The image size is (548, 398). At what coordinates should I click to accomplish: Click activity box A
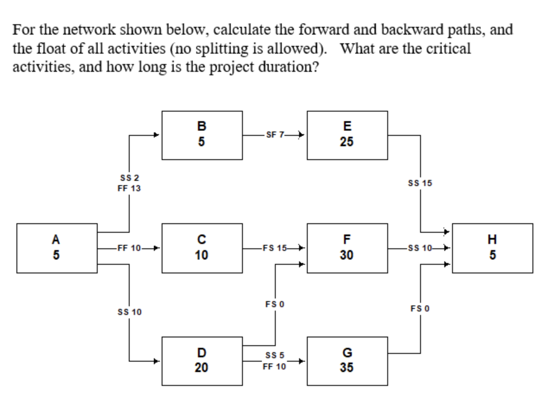(57, 248)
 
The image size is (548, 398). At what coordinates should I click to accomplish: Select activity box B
(202, 135)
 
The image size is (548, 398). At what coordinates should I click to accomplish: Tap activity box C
(202, 248)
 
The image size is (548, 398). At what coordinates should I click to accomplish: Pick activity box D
(202, 361)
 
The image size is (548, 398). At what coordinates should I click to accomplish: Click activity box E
(347, 135)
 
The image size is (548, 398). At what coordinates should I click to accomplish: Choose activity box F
(347, 248)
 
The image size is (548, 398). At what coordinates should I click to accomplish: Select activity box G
(347, 361)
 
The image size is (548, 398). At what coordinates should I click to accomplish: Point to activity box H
(492, 248)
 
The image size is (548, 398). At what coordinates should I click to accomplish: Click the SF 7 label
(275, 135)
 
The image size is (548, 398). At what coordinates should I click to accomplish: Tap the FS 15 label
(275, 248)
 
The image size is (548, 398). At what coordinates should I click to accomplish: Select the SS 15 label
(420, 183)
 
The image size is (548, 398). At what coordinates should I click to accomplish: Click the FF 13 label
(129, 189)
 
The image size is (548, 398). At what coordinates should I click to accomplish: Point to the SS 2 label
(129, 178)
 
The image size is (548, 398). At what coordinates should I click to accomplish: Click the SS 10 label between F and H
(420, 248)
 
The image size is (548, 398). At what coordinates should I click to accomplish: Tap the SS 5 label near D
(275, 356)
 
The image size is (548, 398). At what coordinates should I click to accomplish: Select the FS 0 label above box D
(275, 305)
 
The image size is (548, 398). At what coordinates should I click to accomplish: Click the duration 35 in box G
(347, 367)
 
